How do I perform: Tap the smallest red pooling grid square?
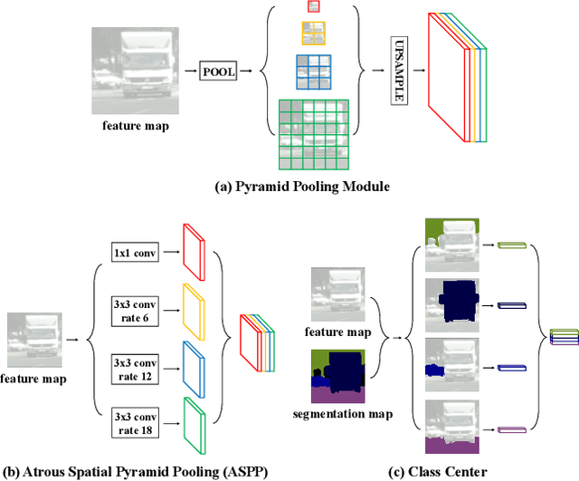(x=313, y=6)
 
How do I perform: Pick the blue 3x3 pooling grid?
(x=313, y=71)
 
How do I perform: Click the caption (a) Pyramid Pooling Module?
(x=289, y=187)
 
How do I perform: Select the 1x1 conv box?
(x=136, y=253)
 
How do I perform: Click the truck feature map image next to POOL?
(x=129, y=70)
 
